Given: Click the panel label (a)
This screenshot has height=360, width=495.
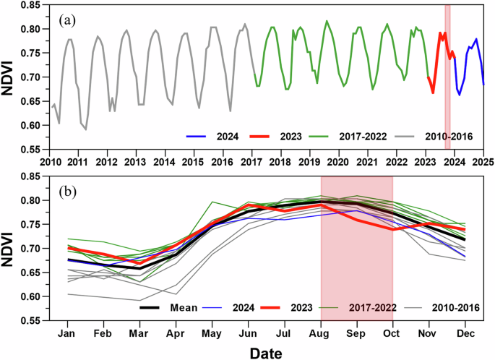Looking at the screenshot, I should pyautogui.click(x=68, y=20).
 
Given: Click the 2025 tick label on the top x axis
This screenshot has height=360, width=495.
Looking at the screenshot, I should pyautogui.click(x=483, y=161).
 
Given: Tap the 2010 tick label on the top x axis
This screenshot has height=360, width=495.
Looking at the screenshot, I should pyautogui.click(x=50, y=161).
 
